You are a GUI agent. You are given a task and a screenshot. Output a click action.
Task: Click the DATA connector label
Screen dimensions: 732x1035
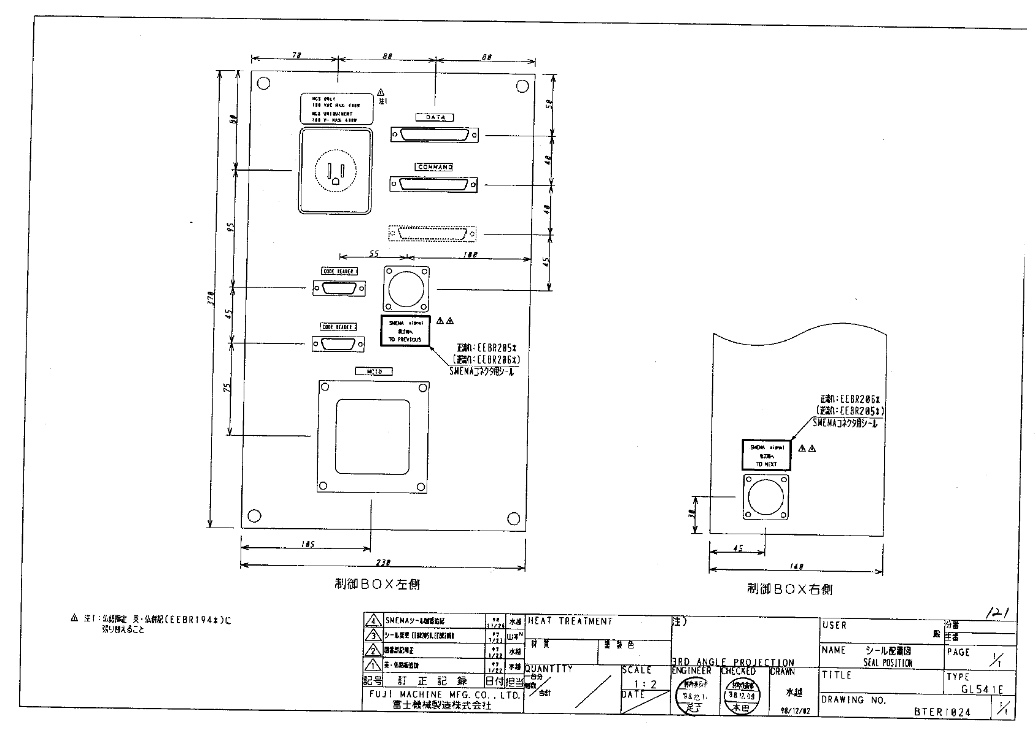435,117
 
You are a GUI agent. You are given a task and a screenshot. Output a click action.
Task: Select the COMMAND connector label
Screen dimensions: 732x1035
435,167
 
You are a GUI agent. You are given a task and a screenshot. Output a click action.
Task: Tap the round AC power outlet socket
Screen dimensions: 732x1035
335,172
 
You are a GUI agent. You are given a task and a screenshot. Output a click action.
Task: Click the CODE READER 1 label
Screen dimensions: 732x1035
339,271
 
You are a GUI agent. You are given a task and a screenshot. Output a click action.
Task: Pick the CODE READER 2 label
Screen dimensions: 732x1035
339,327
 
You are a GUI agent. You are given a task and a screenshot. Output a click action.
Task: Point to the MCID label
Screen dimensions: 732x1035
373,372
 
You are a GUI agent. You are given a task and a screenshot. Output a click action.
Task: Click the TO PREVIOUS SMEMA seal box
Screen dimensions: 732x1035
405,331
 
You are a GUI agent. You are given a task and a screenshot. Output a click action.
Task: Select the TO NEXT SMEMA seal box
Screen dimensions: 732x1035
766,455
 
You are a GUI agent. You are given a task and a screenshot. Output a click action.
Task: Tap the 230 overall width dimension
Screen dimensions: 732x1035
382,563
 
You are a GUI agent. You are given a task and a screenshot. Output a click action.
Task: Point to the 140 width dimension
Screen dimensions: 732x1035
796,567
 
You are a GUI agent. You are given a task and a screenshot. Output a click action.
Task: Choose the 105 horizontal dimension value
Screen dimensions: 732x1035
308,544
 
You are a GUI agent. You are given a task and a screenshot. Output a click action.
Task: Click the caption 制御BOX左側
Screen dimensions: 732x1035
377,585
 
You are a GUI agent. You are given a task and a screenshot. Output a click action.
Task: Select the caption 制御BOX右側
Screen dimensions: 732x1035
789,590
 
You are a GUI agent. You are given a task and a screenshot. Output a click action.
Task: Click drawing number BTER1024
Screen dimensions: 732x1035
942,712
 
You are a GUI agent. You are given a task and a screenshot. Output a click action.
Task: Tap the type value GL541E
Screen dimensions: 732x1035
982,690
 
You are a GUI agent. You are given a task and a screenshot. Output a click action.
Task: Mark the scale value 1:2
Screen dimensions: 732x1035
645,684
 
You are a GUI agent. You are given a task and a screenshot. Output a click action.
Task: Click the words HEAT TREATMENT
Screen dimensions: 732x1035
570,621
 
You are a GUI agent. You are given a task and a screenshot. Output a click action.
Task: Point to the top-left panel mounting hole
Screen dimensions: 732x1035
263,84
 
